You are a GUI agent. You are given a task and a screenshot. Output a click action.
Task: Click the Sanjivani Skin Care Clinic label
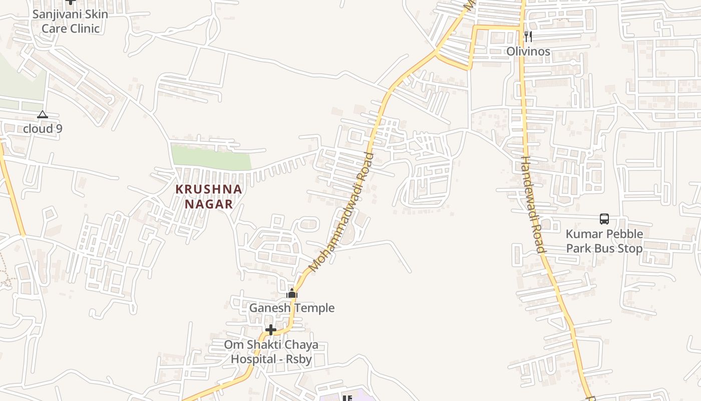click(x=70, y=21)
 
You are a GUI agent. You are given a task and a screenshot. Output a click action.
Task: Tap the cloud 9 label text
click(x=43, y=129)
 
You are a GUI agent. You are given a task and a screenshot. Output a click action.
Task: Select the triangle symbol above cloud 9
click(x=43, y=115)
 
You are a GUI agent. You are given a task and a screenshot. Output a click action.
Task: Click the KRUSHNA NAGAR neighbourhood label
click(x=209, y=196)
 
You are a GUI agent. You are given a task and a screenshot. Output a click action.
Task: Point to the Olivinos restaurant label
click(x=528, y=51)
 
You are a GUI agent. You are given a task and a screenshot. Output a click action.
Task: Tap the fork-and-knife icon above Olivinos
click(x=528, y=36)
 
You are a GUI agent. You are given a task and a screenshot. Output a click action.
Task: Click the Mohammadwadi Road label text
click(x=342, y=213)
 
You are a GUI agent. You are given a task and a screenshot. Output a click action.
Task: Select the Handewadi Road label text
click(x=532, y=204)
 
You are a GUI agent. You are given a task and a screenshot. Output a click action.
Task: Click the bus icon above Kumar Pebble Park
click(x=604, y=219)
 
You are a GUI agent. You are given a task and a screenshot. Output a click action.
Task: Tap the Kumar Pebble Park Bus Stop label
click(x=604, y=241)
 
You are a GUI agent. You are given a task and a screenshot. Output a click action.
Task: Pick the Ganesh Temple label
click(x=292, y=308)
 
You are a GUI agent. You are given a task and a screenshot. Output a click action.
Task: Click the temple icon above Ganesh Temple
click(x=292, y=294)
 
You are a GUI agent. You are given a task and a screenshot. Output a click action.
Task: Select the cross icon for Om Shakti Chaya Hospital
click(x=271, y=330)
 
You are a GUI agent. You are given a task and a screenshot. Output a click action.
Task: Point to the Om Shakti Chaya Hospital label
click(x=271, y=352)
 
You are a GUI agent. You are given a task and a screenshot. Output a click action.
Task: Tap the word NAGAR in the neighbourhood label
click(x=209, y=204)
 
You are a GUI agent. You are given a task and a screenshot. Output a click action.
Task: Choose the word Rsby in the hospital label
click(x=298, y=359)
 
